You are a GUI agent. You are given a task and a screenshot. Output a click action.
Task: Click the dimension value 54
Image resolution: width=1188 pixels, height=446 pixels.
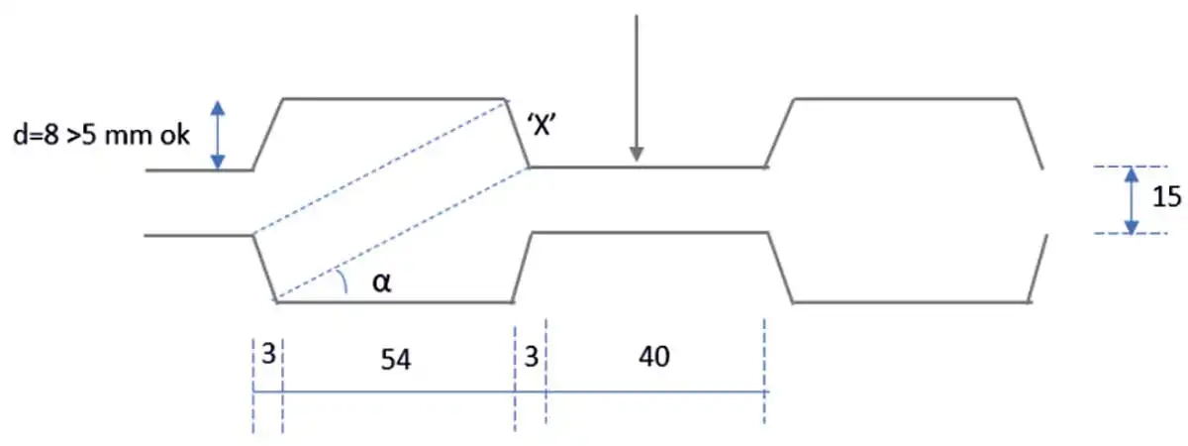click(396, 361)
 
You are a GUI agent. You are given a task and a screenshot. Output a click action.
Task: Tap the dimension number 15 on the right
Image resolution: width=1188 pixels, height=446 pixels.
click(1165, 197)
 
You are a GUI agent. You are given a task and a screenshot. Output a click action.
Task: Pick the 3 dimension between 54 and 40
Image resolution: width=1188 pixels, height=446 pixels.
click(531, 356)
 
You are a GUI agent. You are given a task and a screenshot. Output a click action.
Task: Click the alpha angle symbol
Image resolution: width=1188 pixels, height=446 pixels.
click(382, 283)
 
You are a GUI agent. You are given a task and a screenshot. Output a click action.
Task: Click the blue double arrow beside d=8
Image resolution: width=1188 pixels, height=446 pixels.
click(219, 134)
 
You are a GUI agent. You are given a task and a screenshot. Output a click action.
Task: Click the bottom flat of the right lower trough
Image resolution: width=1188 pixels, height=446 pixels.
click(911, 300)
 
